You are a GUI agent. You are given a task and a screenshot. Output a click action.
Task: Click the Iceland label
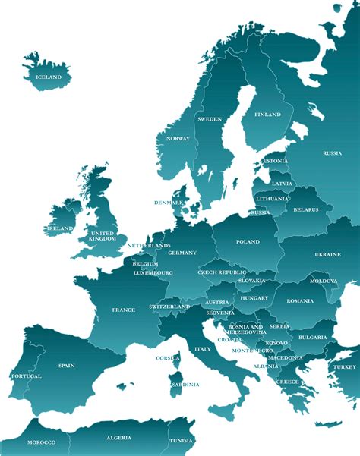click(49, 77)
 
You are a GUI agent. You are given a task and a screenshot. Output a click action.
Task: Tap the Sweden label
click(210, 119)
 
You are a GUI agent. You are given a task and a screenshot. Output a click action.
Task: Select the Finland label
click(267, 115)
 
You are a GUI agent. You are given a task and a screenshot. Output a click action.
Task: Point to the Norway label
click(178, 139)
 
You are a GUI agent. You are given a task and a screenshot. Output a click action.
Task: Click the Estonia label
click(274, 161)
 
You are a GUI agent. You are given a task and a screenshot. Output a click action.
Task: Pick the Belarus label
click(306, 209)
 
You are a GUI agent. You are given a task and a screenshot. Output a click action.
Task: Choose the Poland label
click(248, 242)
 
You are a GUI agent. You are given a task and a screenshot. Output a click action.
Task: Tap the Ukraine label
click(327, 255)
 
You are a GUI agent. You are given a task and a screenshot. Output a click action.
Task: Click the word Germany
click(182, 253)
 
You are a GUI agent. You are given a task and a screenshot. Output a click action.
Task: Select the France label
click(123, 310)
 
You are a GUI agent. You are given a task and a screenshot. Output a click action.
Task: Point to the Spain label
click(66, 366)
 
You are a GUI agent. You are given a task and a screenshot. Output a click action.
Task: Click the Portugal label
click(26, 376)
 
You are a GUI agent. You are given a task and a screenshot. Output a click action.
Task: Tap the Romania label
click(300, 301)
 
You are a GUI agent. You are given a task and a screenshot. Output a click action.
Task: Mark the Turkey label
click(344, 366)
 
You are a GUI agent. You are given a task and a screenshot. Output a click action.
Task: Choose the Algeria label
click(118, 438)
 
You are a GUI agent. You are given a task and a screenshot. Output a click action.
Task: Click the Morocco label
click(41, 442)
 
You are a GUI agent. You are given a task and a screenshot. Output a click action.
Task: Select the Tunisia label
click(181, 441)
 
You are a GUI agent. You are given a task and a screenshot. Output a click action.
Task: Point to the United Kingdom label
click(103, 236)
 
